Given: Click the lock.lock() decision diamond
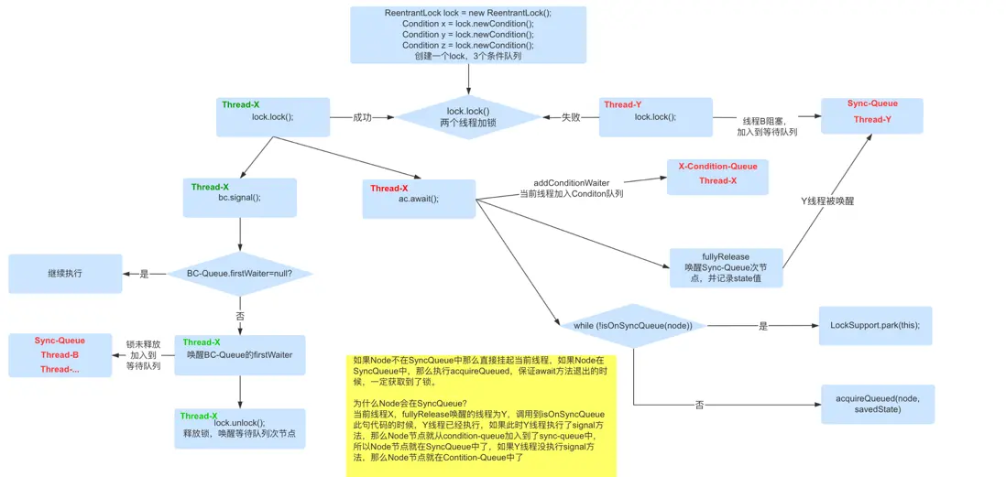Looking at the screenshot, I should [x=468, y=117].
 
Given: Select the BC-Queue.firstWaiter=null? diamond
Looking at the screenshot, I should [x=240, y=274].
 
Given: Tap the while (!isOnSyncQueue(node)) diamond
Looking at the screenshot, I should [x=632, y=326].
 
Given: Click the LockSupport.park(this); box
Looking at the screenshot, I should [x=874, y=326].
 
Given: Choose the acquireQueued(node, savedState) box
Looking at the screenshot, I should [x=877, y=404].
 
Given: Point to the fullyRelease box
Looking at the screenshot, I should [x=726, y=267].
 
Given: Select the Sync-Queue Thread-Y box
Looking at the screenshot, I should [x=871, y=115].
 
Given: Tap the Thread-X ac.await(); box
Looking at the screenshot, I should [x=421, y=199].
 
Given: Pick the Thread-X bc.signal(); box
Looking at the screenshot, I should [x=239, y=197].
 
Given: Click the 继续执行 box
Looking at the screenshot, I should [x=65, y=274].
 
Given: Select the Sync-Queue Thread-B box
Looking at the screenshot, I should [x=60, y=355].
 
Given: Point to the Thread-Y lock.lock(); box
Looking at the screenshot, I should [x=655, y=116].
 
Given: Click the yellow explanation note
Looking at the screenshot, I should [x=481, y=415].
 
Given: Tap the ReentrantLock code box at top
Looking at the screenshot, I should [x=468, y=35].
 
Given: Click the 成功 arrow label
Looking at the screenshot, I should [x=363, y=117].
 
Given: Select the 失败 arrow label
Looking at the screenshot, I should [x=571, y=117].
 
